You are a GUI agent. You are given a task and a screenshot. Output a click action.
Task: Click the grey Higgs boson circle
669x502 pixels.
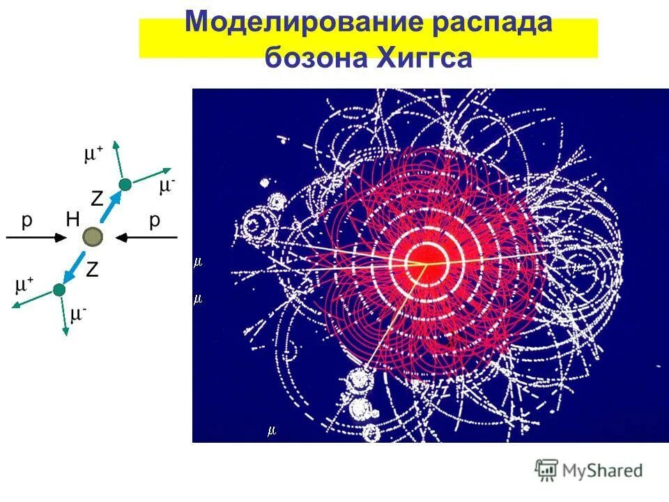pyautogui.click(x=91, y=238)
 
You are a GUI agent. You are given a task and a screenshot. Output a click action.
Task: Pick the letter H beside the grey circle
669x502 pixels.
pyautogui.click(x=73, y=220)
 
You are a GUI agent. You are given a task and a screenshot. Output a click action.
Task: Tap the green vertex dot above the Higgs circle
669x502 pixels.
pyautogui.click(x=125, y=185)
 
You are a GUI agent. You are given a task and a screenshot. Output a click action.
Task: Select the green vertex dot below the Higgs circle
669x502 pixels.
pyautogui.click(x=59, y=289)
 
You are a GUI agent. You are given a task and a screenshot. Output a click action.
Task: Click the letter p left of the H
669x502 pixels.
pyautogui.click(x=26, y=222)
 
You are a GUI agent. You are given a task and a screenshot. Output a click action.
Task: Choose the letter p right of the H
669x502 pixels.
pyautogui.click(x=154, y=222)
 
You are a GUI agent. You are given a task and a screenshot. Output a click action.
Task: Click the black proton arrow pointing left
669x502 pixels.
pyautogui.click(x=146, y=238)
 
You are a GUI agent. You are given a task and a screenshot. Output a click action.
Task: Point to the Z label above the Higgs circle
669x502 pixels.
pyautogui.click(x=97, y=199)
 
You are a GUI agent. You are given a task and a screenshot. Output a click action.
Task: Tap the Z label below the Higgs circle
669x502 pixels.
pyautogui.click(x=91, y=270)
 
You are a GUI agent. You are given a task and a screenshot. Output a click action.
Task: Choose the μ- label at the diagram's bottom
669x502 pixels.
pyautogui.click(x=79, y=314)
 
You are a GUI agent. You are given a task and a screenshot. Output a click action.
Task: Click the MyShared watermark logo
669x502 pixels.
pyautogui.click(x=589, y=470)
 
